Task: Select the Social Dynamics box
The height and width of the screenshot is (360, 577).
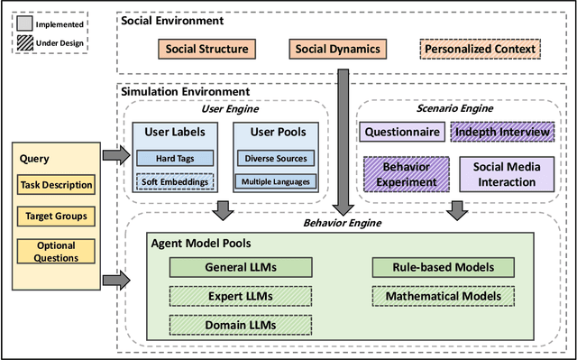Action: click(x=336, y=48)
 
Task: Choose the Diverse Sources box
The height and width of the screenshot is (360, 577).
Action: click(x=274, y=159)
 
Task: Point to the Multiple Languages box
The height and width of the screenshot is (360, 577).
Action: click(x=274, y=181)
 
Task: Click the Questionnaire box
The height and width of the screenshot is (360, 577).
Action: click(x=403, y=132)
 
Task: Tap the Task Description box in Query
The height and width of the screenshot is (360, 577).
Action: click(x=56, y=186)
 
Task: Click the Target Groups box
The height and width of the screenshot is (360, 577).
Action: click(x=56, y=217)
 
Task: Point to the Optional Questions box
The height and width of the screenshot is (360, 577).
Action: click(x=56, y=251)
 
